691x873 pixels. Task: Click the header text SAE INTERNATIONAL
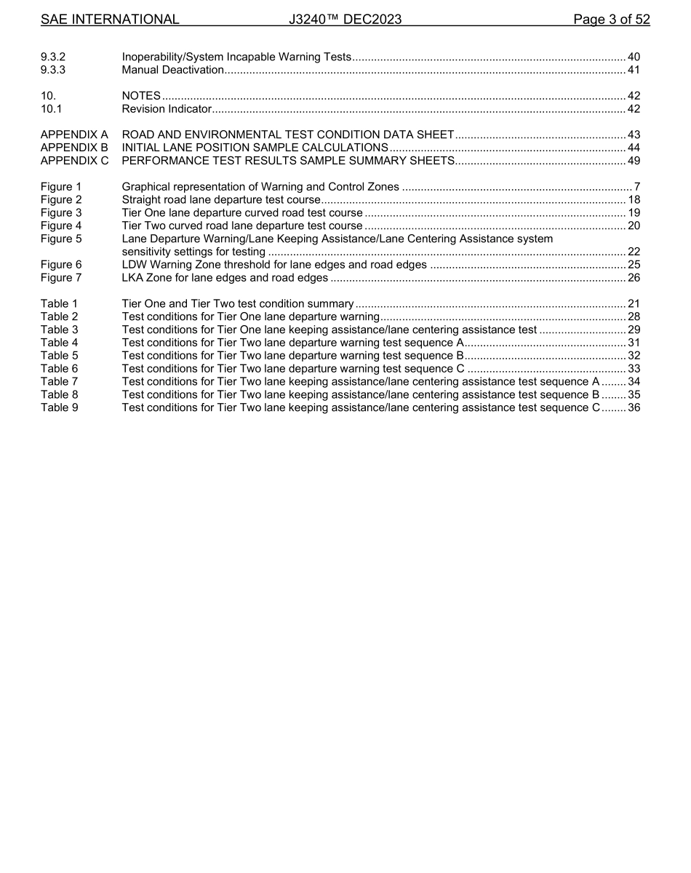(110, 20)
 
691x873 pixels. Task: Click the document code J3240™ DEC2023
(345, 20)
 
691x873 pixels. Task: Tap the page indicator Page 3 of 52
(611, 20)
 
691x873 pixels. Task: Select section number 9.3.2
(54, 57)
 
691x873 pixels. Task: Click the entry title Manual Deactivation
(173, 70)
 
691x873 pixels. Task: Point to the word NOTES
(141, 96)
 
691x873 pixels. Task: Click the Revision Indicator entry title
(167, 109)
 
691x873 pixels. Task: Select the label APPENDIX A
(74, 135)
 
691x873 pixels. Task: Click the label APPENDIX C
(74, 161)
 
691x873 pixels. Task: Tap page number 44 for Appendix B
(634, 148)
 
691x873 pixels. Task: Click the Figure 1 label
(61, 187)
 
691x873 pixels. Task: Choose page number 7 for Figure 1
(636, 187)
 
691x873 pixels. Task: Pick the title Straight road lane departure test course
(221, 200)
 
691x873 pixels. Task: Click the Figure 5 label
(61, 239)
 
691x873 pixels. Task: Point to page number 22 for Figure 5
(634, 252)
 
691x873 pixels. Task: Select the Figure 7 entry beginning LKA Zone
(225, 278)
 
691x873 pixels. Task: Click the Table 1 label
(59, 303)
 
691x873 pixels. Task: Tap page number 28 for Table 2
(634, 316)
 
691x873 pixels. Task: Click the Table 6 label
(59, 368)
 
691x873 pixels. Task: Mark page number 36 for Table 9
(634, 407)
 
